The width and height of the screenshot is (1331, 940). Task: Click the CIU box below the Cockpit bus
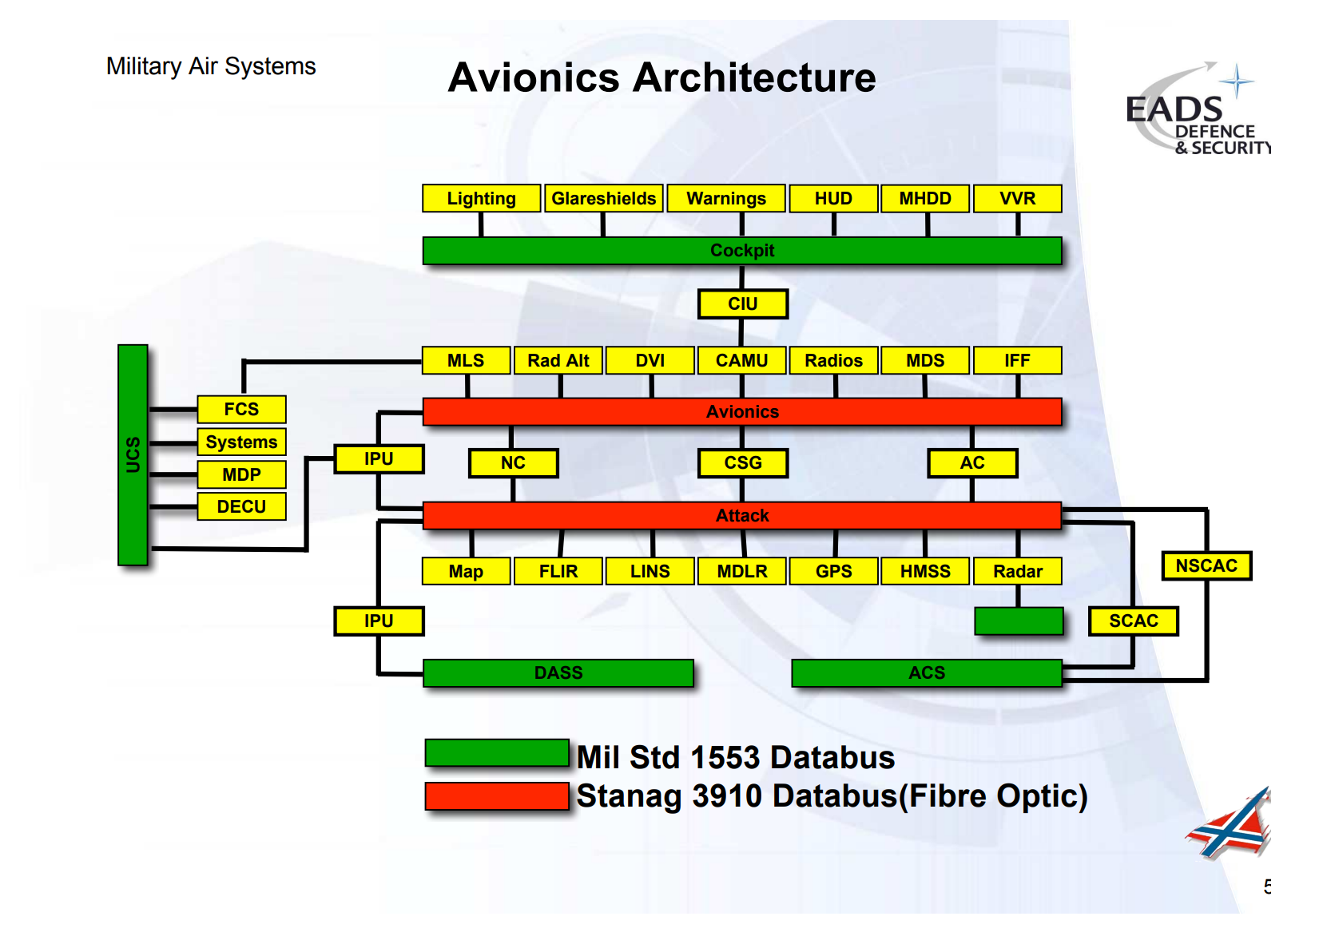click(x=742, y=304)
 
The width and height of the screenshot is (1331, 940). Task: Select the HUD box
click(x=833, y=199)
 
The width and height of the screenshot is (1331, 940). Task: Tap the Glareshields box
click(x=603, y=199)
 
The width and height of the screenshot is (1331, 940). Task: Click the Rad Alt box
click(x=558, y=361)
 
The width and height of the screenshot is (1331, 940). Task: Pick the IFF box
click(x=1017, y=361)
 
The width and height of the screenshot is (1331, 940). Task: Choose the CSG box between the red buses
click(x=742, y=463)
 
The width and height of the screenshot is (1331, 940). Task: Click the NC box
click(x=513, y=463)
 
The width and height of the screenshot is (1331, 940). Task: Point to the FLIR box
click(x=558, y=572)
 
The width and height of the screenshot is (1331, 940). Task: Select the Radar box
click(x=1017, y=572)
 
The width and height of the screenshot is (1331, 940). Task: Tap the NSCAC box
click(x=1206, y=566)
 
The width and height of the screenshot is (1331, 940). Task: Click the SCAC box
click(x=1133, y=621)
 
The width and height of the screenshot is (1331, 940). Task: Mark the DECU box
click(x=241, y=507)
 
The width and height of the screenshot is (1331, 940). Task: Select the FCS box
click(x=241, y=410)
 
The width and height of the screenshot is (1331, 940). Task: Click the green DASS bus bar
click(x=558, y=673)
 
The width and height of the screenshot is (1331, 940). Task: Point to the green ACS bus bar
click(x=926, y=673)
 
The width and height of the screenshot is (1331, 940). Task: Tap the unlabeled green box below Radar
click(x=1019, y=621)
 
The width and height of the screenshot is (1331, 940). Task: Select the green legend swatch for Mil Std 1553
click(x=496, y=753)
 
